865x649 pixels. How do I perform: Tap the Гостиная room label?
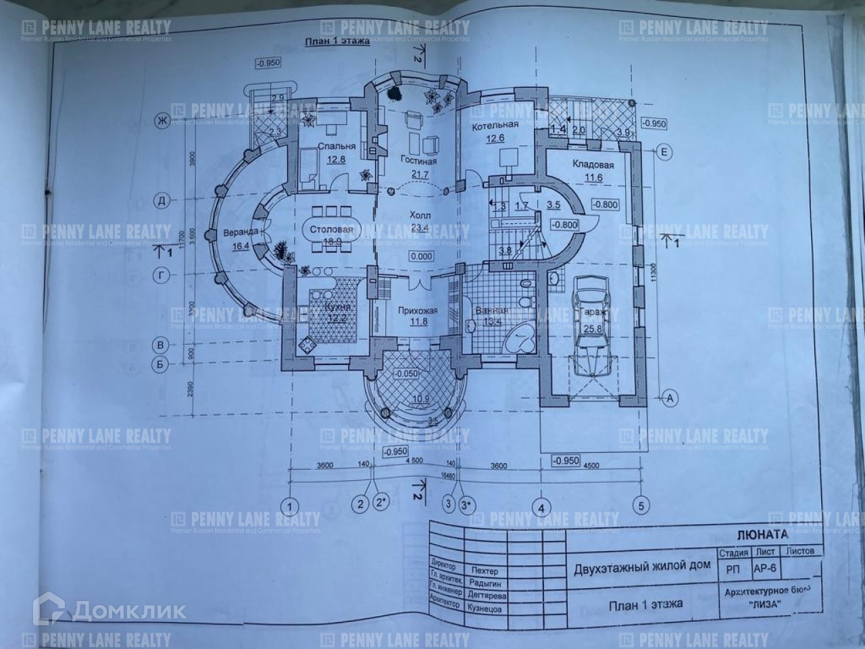[x=418, y=162]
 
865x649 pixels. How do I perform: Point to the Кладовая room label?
[x=593, y=164]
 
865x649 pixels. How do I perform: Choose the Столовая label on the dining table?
[x=331, y=230]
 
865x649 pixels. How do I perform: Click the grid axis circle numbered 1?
[x=290, y=505]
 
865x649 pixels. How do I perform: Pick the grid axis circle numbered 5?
[x=640, y=504]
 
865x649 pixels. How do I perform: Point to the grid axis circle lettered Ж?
[x=162, y=122]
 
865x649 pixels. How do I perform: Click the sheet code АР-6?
[x=764, y=569]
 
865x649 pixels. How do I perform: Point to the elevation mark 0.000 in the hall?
[x=420, y=257]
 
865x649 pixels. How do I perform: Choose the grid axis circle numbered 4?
[x=540, y=505]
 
